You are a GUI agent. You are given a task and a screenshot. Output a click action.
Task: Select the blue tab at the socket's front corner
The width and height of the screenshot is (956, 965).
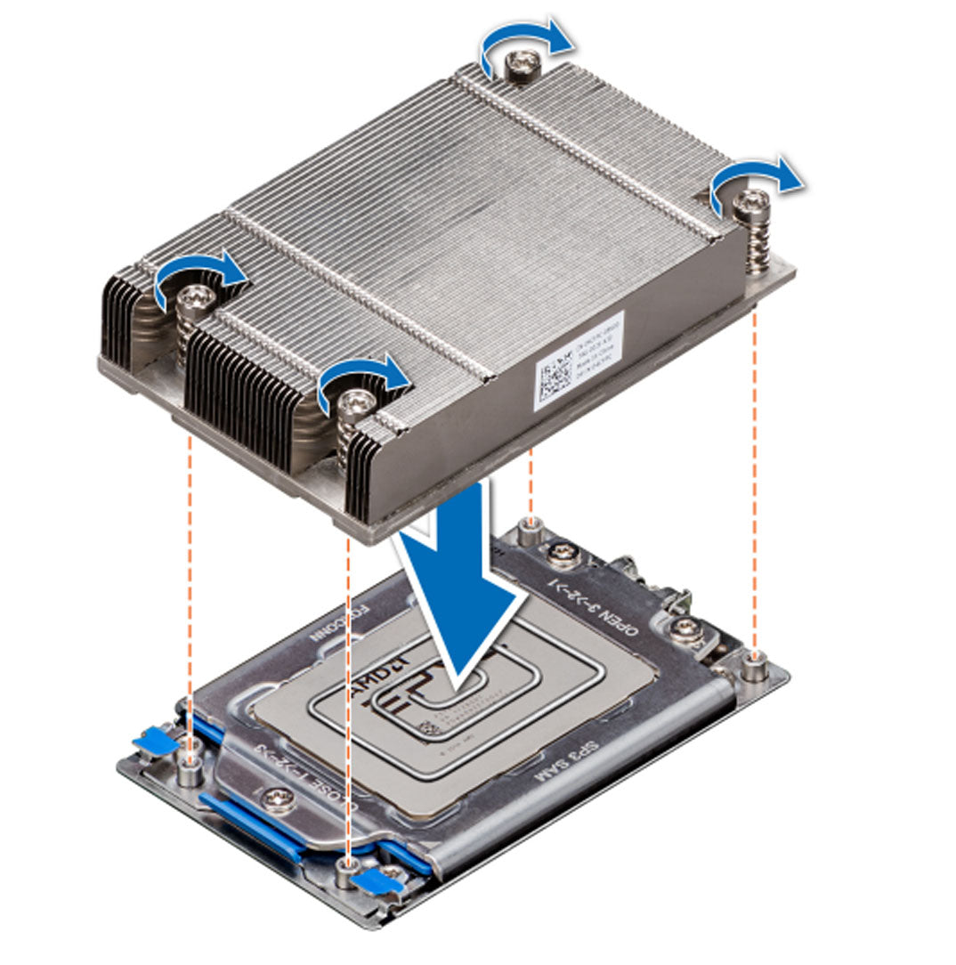point(374,880)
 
